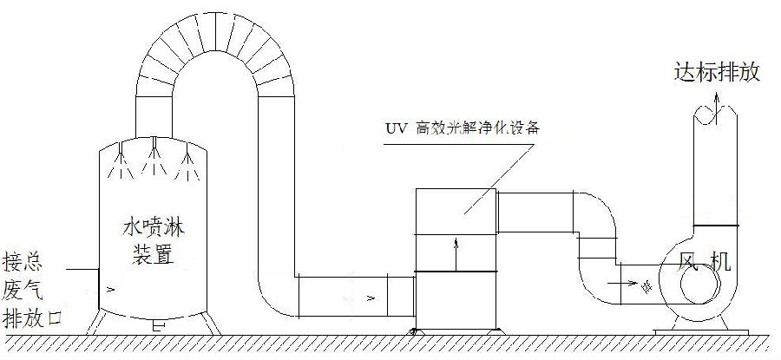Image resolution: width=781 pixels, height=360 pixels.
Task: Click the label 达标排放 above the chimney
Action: pos(718,72)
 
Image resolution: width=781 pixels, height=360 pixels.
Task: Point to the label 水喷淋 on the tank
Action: pos(154,228)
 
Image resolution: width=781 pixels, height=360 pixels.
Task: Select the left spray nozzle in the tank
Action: pos(121,160)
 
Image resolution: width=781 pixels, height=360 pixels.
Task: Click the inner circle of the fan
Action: pos(700,287)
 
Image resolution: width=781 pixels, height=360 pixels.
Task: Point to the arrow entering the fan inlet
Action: pos(622,284)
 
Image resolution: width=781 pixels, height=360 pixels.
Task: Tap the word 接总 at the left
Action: pos(23,261)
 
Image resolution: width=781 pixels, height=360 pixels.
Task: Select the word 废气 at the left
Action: pos(23,290)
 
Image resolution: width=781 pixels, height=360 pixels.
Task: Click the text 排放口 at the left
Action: pos(32,318)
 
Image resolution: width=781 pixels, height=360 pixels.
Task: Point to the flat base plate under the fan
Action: pos(701,332)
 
